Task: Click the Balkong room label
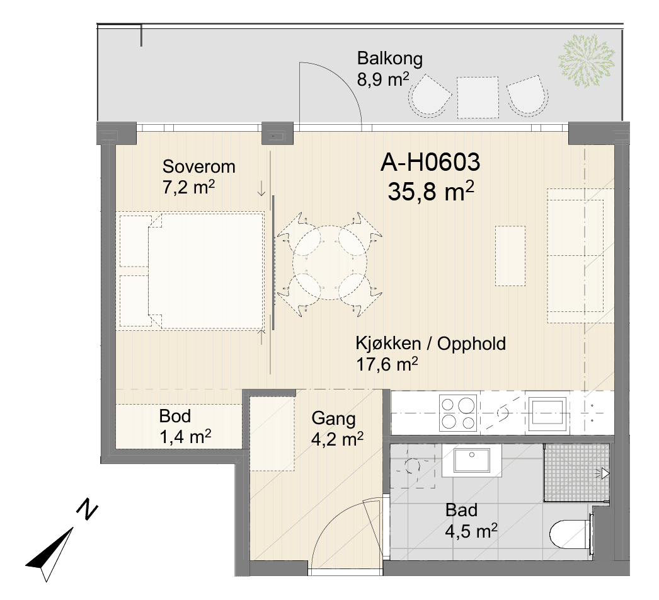[389, 59]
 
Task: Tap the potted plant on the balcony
[586, 61]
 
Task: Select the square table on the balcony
[478, 97]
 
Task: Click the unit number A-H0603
[430, 163]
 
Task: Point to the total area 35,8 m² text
[431, 192]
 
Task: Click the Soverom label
[199, 166]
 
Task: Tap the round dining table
[329, 262]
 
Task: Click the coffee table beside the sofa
[510, 256]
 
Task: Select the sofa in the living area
[580, 256]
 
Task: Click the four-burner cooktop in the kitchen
[457, 412]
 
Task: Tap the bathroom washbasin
[472, 461]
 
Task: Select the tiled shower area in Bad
[576, 473]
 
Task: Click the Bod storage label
[175, 416]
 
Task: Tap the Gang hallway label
[333, 418]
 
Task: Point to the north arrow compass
[59, 543]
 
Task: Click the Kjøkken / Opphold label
[431, 343]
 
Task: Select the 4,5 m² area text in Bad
[471, 531]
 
